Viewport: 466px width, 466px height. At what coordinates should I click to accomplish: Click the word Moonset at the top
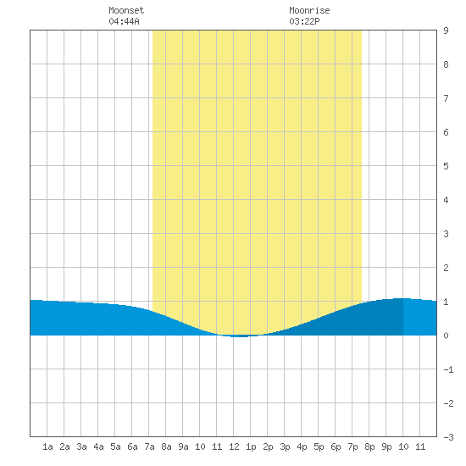point(126,10)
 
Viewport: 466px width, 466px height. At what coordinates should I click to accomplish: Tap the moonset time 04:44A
point(124,21)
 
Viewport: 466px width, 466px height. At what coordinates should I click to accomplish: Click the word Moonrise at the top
point(309,10)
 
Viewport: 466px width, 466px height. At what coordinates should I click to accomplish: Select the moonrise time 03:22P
point(304,21)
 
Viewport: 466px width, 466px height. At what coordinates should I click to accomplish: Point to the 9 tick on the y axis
point(446,31)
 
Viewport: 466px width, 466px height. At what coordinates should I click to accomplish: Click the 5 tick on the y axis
point(446,166)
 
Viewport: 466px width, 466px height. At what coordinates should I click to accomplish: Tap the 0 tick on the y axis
point(446,336)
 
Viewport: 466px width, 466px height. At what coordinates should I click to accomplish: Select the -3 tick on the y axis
point(448,437)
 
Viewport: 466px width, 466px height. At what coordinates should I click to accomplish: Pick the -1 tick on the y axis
point(448,369)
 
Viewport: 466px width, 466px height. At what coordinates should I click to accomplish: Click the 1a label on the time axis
point(47,447)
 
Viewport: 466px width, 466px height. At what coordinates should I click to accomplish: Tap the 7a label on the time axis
point(149,447)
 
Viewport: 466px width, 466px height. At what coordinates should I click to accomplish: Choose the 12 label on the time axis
point(234,447)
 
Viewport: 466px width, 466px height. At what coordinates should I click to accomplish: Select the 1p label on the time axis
point(251,447)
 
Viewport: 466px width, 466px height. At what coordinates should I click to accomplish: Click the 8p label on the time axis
point(369,447)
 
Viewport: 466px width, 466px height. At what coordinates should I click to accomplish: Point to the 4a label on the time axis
point(98,447)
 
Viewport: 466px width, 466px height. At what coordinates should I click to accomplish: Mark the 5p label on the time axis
point(319,447)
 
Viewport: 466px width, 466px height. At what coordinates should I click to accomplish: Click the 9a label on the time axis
point(183,447)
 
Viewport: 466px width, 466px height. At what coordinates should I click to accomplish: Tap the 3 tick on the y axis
point(446,234)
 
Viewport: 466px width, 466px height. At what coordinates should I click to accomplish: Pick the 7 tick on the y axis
point(446,98)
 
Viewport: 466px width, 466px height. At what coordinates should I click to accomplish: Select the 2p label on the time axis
point(268,447)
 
